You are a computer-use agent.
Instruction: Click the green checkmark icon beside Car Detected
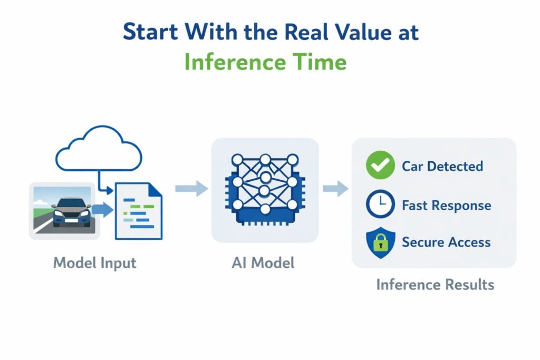pyautogui.click(x=380, y=166)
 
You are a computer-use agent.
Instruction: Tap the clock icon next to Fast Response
pyautogui.click(x=380, y=205)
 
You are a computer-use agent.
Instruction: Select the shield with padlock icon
pyautogui.click(x=380, y=242)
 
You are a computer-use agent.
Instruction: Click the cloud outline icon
pyautogui.click(x=99, y=149)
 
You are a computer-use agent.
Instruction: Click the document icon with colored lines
pyautogui.click(x=138, y=210)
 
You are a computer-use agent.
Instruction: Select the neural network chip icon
pyautogui.click(x=265, y=190)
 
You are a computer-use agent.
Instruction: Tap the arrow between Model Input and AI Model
pyautogui.click(x=191, y=188)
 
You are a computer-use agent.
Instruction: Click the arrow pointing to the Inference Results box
pyautogui.click(x=335, y=188)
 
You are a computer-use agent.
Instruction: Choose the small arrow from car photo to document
pyautogui.click(x=103, y=210)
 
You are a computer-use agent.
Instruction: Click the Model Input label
pyautogui.click(x=94, y=262)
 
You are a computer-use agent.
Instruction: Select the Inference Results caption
pyautogui.click(x=435, y=285)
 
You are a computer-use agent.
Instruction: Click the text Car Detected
pyautogui.click(x=442, y=166)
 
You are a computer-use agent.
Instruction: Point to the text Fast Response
pyautogui.click(x=446, y=205)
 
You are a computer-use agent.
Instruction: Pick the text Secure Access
pyautogui.click(x=446, y=242)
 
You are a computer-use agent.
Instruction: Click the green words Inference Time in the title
pyautogui.click(x=265, y=62)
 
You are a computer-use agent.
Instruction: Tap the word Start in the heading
pyautogui.click(x=151, y=33)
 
